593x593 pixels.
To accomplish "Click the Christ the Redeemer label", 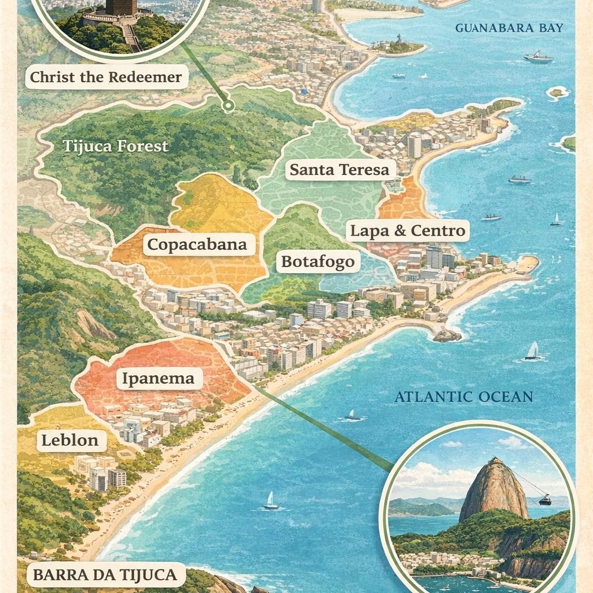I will point(106,76).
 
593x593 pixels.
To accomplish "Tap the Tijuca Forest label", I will point(115,146).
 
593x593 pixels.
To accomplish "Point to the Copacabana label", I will point(197,244).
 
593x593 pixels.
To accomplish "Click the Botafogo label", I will point(317,262).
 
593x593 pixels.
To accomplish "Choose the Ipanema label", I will point(158,379).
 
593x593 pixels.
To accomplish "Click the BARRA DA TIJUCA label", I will point(105,575).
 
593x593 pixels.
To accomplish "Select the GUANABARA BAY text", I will point(509,28).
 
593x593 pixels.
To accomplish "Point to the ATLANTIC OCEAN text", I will point(463,397).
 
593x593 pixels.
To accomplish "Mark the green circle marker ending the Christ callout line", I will point(229,105).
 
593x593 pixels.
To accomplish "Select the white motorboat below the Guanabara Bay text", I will point(538,57).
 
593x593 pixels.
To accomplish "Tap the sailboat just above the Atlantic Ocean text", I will point(532,351).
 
